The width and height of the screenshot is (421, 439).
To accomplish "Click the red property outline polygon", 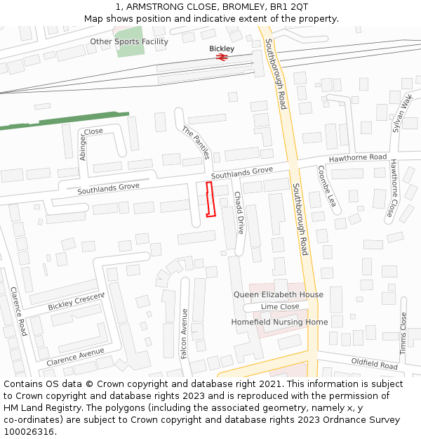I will tap(209, 199).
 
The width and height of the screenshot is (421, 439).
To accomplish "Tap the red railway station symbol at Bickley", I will tap(222, 58).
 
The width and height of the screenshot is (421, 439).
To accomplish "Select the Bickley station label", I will tap(222, 48).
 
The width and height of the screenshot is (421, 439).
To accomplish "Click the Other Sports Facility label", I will tap(129, 41).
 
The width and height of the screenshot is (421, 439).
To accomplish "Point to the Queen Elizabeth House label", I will tap(279, 294).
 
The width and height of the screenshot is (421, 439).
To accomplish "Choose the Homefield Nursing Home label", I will tap(279, 322).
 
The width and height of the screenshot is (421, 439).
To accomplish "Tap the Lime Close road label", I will tap(280, 306).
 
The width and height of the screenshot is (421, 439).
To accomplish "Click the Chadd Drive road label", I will tap(239, 213).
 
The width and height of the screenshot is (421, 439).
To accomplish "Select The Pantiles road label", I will tap(196, 143).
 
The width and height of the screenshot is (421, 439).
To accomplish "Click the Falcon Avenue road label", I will tap(185, 334).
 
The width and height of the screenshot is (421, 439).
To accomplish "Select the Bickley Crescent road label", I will tap(76, 302).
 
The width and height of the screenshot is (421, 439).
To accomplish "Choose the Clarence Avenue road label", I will tap(75, 356).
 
